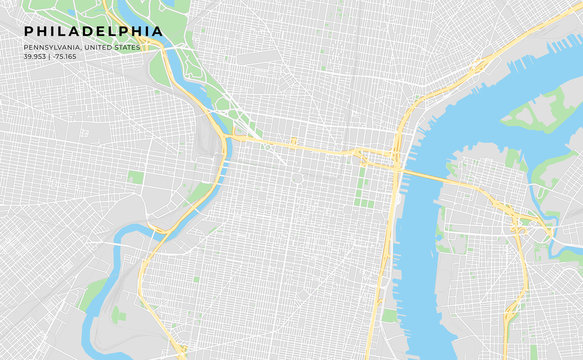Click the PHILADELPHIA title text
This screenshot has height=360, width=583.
point(93,32)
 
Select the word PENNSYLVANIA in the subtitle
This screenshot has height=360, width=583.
point(52,47)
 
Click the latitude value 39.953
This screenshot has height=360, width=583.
point(36,56)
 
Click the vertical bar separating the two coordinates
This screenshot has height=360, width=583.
point(51,56)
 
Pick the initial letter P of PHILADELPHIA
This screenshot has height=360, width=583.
point(29,32)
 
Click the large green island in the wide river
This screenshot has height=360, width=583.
point(541,110)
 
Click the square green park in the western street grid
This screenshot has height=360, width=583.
point(135,177)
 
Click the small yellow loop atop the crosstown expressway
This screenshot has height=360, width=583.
point(293,142)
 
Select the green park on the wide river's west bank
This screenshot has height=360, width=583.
point(390,315)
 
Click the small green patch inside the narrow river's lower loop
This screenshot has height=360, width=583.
point(118,315)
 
